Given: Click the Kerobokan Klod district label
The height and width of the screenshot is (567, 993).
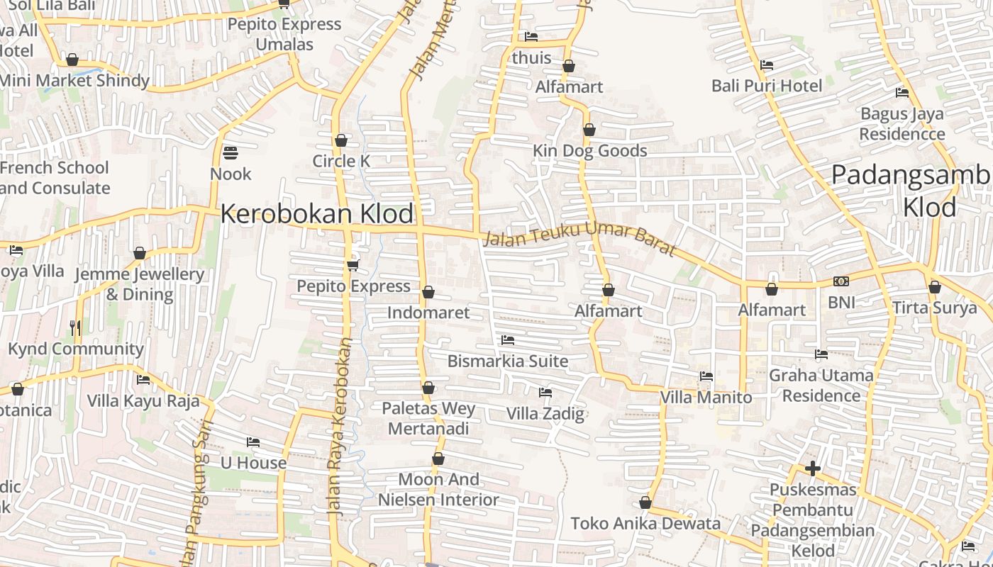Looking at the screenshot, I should [317, 214].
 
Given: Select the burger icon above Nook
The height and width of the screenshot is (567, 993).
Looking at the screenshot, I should [231, 152].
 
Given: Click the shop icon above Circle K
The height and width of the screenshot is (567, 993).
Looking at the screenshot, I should [341, 140].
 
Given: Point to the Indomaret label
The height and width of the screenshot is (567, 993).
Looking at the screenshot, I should [428, 313].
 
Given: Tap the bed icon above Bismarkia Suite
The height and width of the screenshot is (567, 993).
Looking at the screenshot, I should [507, 340].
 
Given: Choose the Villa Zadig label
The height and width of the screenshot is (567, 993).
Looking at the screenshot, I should [545, 413].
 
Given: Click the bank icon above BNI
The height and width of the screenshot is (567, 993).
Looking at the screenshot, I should [841, 282].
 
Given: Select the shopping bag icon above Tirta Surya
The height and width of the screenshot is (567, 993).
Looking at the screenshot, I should [935, 288].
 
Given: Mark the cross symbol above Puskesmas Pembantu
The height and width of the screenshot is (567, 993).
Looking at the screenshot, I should [813, 468].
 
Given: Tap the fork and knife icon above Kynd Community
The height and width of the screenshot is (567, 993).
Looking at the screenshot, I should [75, 327].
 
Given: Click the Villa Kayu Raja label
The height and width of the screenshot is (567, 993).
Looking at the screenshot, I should [143, 400].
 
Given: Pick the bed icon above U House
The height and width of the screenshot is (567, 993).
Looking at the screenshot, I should [253, 442].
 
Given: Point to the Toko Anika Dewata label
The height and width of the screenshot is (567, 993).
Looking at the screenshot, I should [645, 524].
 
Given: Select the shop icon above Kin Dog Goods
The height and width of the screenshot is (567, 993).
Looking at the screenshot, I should [589, 130].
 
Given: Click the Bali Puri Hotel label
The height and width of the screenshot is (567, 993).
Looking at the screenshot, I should [767, 86].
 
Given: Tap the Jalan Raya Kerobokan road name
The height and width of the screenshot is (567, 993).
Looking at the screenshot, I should [339, 425].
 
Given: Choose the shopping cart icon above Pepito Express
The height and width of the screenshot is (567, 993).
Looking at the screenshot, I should [353, 266].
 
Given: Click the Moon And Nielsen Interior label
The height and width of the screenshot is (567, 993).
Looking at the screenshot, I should [438, 489].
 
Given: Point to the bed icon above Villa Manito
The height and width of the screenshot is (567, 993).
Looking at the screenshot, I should [706, 376].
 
